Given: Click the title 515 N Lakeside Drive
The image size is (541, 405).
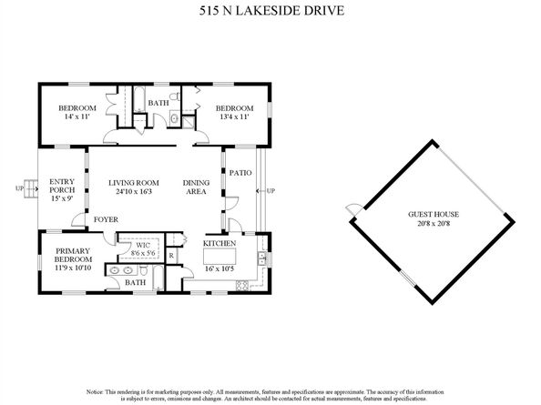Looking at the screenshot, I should pos(270,13).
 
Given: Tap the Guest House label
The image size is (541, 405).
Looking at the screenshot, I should pos(433,216).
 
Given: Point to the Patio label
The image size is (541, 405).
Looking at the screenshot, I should pos(240,172).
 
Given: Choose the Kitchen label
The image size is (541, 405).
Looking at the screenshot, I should pos(219,244).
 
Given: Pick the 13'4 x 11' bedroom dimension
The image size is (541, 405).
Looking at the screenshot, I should pos(233,116).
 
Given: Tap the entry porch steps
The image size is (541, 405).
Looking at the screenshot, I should pos(29,188).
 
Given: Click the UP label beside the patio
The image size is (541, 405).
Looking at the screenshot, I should pos(271,191).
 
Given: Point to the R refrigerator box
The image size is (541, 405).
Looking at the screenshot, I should pos(171,256).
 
